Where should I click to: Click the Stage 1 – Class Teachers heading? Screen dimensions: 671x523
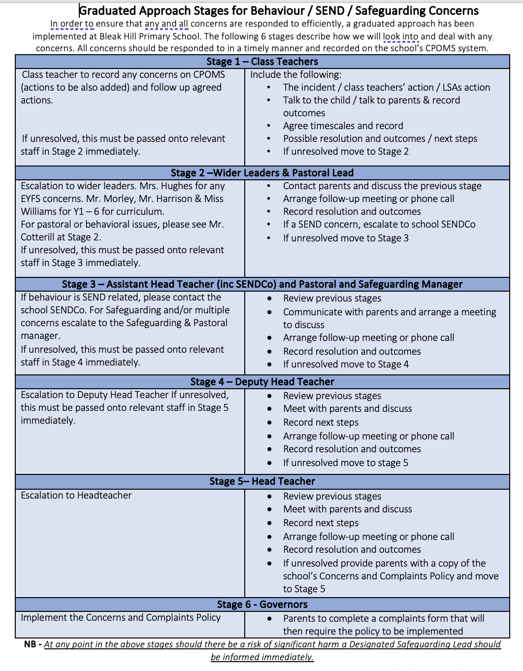click(262, 62)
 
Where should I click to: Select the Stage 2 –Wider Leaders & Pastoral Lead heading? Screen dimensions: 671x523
click(262, 173)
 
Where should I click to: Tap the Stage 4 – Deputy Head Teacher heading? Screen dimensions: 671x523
click(262, 382)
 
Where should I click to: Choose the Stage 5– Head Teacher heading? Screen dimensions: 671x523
click(262, 481)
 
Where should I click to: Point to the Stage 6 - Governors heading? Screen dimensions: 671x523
click(262, 604)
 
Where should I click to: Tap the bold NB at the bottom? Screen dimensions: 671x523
click(30, 644)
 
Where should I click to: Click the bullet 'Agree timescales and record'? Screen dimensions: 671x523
click(343, 126)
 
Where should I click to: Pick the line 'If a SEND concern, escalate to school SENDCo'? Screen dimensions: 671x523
click(379, 225)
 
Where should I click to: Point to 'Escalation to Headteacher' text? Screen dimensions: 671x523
click(76, 496)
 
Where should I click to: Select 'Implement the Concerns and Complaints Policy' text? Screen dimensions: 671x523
click(121, 618)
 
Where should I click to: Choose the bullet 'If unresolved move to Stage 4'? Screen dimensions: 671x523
click(346, 365)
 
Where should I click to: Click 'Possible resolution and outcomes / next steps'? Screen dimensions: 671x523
click(380, 139)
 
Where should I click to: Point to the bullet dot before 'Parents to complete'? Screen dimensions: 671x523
click(269, 619)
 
